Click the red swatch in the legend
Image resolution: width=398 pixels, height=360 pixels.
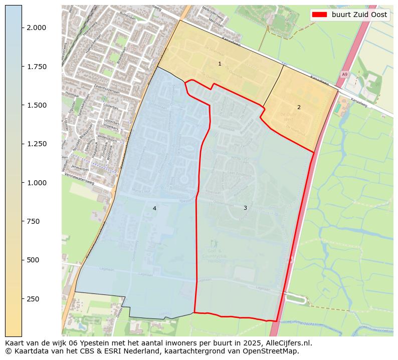[319, 15]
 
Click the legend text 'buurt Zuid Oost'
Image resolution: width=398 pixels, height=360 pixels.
[359, 15]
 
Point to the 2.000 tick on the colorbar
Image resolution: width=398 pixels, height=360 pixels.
[37, 28]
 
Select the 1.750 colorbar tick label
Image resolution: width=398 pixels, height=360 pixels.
[37, 67]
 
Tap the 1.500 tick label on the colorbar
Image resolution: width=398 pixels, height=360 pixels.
[37, 105]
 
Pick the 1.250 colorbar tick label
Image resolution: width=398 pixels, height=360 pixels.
[37, 144]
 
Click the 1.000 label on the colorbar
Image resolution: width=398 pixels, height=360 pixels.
[37, 183]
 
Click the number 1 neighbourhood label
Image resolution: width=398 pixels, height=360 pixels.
[220, 64]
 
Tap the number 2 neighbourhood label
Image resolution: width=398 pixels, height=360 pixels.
[299, 107]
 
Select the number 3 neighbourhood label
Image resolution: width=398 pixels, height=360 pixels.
[245, 208]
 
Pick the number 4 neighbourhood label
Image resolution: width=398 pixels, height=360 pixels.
[154, 208]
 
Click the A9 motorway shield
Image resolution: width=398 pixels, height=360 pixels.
[344, 74]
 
